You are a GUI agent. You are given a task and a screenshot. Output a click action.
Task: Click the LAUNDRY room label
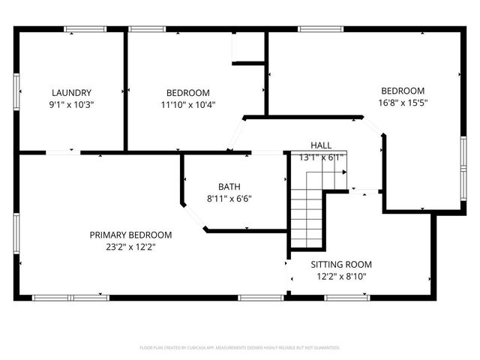click(72, 93)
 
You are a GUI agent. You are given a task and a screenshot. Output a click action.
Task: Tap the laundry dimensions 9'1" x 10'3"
click(72, 105)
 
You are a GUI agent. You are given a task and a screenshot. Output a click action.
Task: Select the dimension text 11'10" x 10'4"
click(188, 105)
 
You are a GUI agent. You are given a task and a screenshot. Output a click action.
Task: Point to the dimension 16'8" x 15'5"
click(403, 102)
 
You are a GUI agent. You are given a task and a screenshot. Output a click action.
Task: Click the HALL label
click(321, 145)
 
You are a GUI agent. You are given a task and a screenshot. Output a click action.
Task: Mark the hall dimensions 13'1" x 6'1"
click(321, 157)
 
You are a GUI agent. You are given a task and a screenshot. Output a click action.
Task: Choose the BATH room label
click(229, 187)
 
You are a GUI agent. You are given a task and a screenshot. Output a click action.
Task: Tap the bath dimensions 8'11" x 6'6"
click(229, 199)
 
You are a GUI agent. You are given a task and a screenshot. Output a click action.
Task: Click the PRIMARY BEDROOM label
click(131, 235)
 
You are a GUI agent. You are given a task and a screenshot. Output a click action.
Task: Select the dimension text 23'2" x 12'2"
click(131, 247)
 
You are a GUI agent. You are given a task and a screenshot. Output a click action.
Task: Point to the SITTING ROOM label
click(341, 265)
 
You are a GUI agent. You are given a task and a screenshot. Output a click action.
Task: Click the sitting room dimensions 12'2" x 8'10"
click(341, 277)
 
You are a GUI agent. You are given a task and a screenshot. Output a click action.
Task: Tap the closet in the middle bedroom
click(248, 47)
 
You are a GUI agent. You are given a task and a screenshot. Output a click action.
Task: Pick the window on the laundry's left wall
click(16, 91)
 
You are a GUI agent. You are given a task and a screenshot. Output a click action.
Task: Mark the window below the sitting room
click(347, 298)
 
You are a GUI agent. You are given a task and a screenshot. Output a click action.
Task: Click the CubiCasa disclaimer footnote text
click(240, 348)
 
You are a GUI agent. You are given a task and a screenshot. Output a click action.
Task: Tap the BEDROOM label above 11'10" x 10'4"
click(188, 93)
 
